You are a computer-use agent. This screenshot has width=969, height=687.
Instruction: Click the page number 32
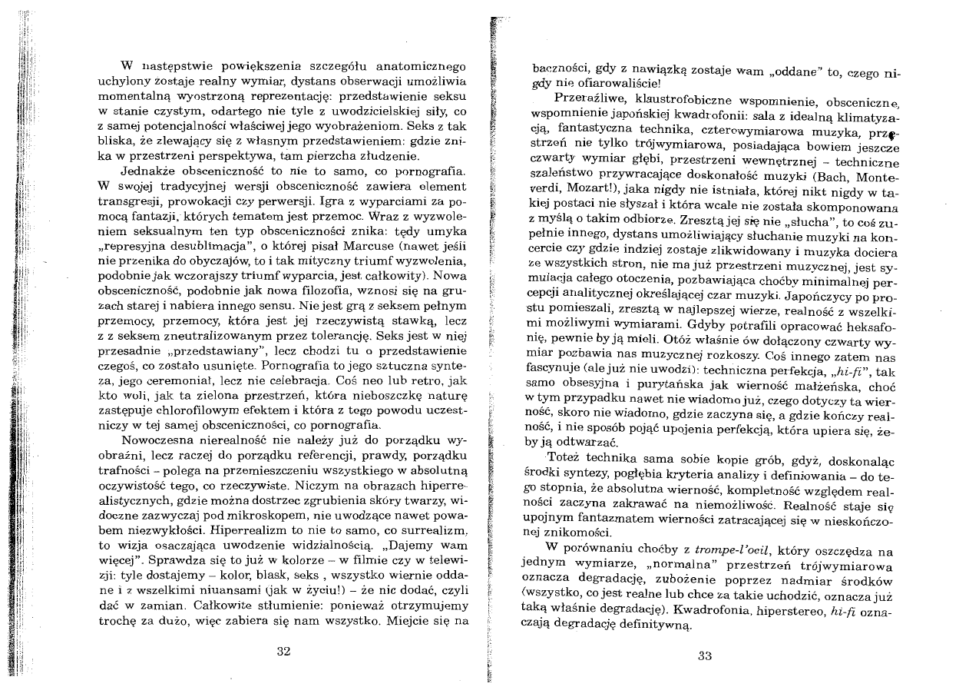(x=283, y=652)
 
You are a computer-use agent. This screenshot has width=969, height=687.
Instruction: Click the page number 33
(x=706, y=655)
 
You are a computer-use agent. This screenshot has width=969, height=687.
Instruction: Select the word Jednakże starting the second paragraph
(x=143, y=171)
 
